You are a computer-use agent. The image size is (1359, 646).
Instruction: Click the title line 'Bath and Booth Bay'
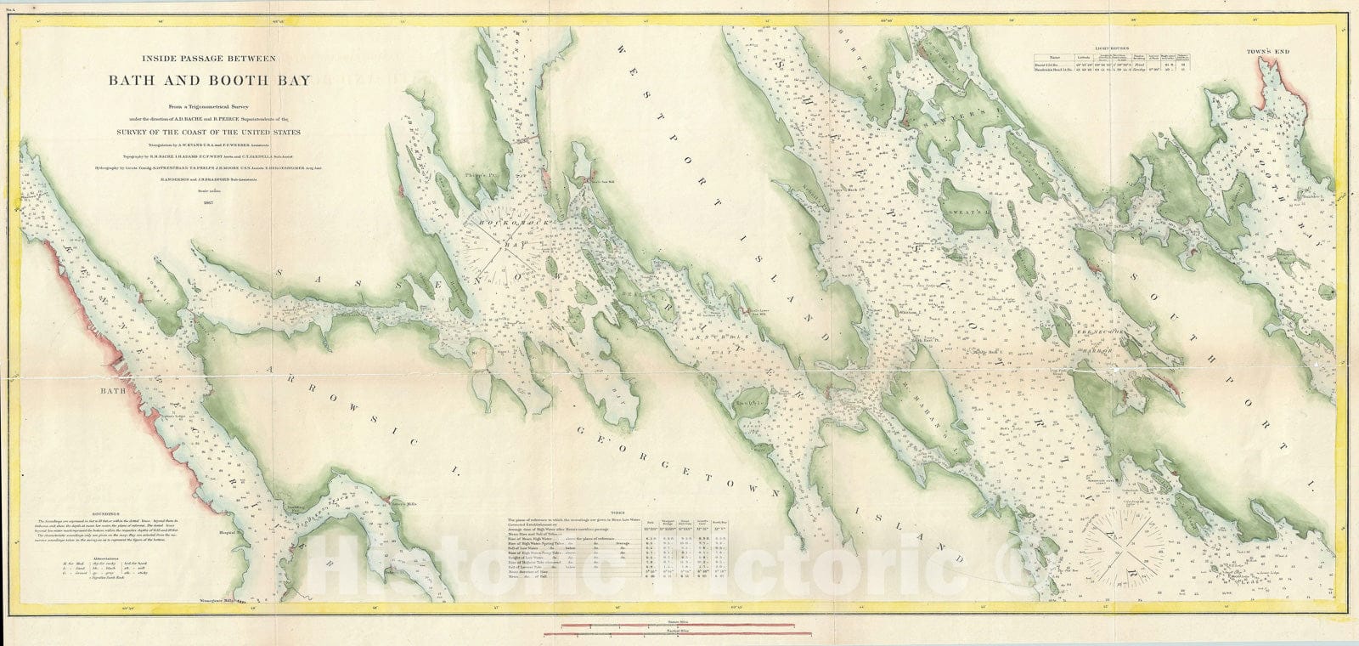209,82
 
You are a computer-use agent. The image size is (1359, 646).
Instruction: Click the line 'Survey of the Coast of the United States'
209,133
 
